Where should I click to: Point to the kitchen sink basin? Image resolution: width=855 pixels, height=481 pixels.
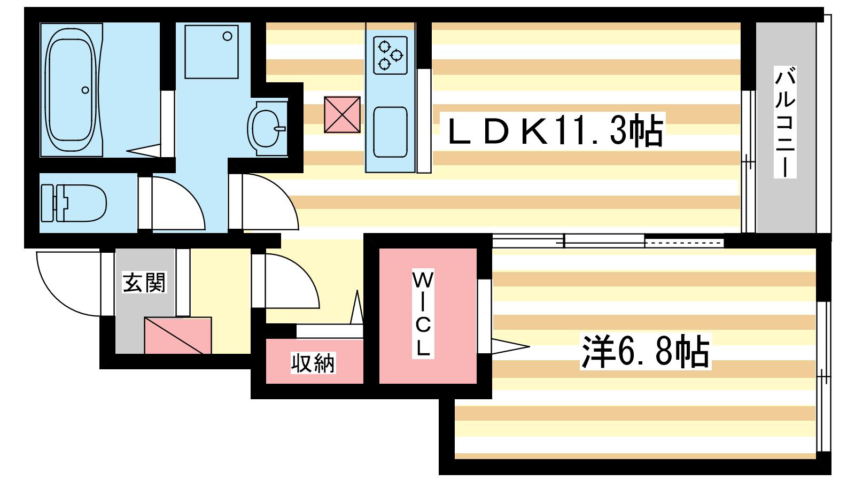tap(390, 132)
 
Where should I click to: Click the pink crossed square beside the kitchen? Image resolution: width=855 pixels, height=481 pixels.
tap(342, 114)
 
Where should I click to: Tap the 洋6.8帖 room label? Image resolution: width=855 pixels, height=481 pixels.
tap(646, 352)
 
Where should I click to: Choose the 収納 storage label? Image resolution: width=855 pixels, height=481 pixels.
tap(313, 363)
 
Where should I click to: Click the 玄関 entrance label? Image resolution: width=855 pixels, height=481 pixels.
tap(144, 283)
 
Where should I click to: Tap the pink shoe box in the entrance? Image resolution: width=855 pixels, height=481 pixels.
tap(178, 336)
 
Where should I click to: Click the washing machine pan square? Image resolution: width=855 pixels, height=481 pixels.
tap(212, 52)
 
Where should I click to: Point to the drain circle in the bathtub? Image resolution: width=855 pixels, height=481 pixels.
tap(85, 90)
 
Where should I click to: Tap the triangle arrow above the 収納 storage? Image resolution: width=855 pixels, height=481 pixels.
tap(357, 309)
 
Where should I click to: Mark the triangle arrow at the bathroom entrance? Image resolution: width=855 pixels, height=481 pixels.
tap(144, 151)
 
